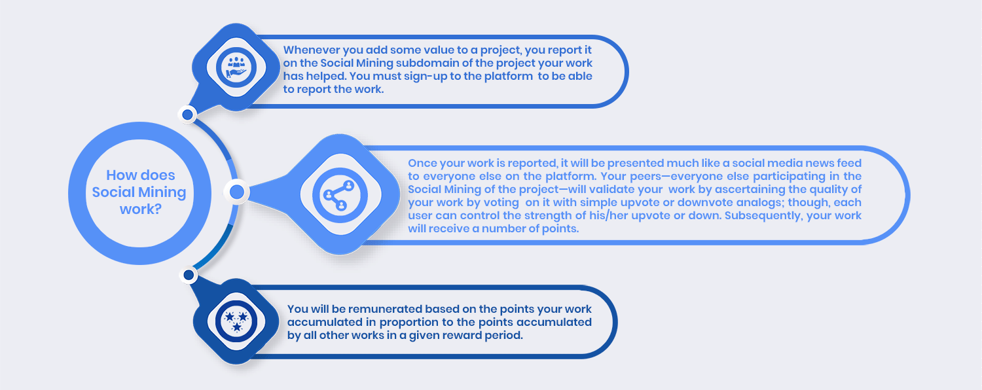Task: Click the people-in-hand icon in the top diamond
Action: click(x=236, y=67)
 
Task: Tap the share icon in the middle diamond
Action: click(x=339, y=195)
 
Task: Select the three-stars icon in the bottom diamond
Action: click(x=236, y=321)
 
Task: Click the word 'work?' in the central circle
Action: click(x=141, y=209)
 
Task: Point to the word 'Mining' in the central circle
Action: click(x=162, y=192)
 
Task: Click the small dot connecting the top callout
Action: click(x=188, y=115)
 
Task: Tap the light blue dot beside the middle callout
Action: click(x=237, y=192)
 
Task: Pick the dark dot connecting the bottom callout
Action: click(x=189, y=275)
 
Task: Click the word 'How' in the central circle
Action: click(x=120, y=175)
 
